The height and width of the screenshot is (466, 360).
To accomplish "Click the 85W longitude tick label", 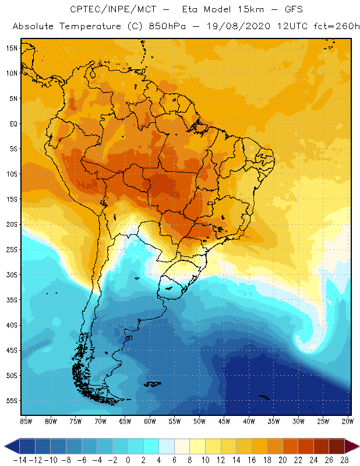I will click(26, 421).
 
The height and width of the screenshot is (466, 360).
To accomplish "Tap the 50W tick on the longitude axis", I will click(199, 421).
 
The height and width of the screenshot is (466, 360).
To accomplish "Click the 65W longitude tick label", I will click(125, 421).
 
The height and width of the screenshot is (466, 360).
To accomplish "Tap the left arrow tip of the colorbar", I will click(5, 446).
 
